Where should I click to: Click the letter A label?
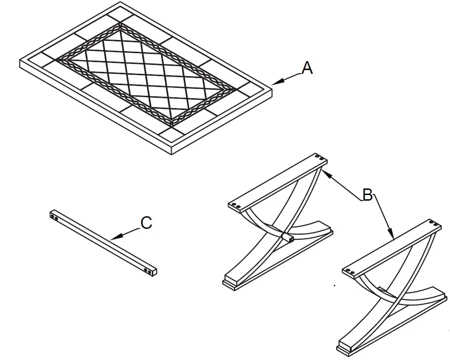307,68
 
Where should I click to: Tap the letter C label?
146,223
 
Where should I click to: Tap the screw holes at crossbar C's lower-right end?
149,271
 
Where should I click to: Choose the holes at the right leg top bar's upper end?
435,224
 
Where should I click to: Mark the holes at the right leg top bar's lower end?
351,271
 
